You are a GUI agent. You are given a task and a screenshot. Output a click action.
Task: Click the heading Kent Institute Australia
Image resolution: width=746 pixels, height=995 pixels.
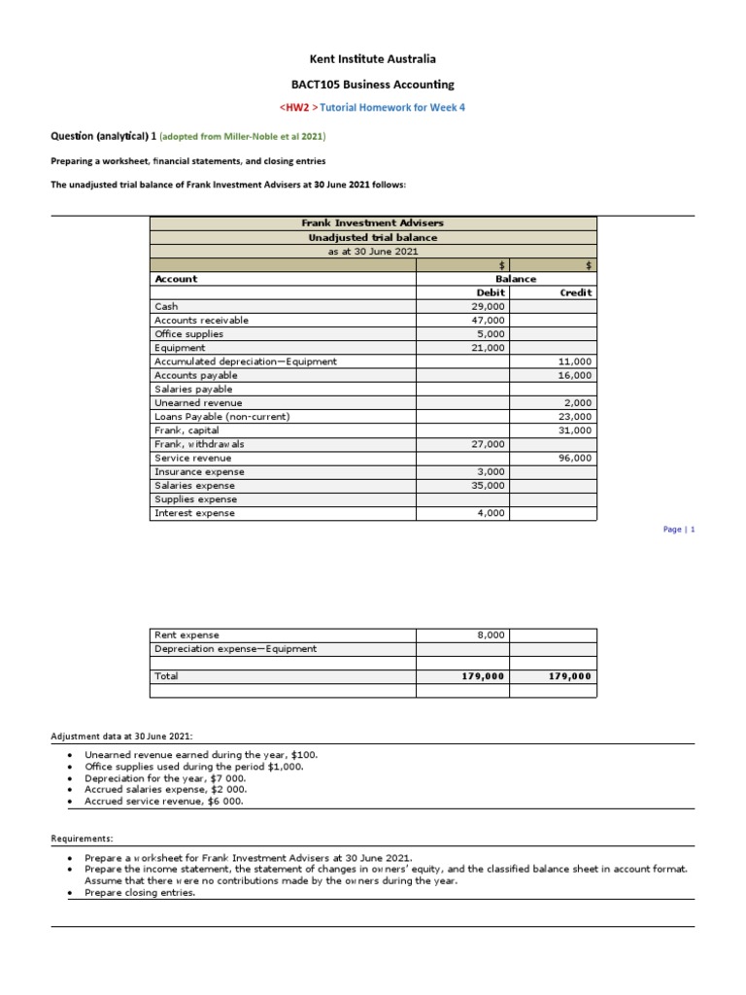click(373, 59)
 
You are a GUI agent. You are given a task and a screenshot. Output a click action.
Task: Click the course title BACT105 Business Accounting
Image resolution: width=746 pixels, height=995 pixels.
click(373, 85)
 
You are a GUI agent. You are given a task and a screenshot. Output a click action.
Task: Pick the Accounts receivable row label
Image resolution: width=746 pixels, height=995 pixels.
click(201, 320)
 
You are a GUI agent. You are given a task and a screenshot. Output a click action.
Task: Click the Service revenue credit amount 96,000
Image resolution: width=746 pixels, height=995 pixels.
click(575, 458)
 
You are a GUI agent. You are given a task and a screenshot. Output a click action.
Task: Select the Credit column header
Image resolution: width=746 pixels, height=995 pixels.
click(576, 292)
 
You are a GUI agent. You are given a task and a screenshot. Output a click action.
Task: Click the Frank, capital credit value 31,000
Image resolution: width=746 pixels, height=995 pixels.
click(575, 429)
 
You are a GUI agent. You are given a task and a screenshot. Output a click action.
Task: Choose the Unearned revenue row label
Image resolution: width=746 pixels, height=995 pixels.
click(198, 402)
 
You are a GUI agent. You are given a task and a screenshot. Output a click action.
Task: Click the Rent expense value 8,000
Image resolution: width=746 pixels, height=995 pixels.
click(491, 635)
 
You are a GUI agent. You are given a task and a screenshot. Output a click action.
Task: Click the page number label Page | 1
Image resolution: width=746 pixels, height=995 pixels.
click(679, 530)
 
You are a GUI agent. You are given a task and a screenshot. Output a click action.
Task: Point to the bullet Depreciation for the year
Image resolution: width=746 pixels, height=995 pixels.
click(165, 778)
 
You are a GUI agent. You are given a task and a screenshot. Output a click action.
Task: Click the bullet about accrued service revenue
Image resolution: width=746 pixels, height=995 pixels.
click(164, 802)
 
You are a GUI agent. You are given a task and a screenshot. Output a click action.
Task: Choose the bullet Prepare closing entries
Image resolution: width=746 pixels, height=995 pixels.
click(140, 893)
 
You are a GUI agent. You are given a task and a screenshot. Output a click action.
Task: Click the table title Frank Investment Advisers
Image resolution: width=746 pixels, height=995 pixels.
click(373, 223)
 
